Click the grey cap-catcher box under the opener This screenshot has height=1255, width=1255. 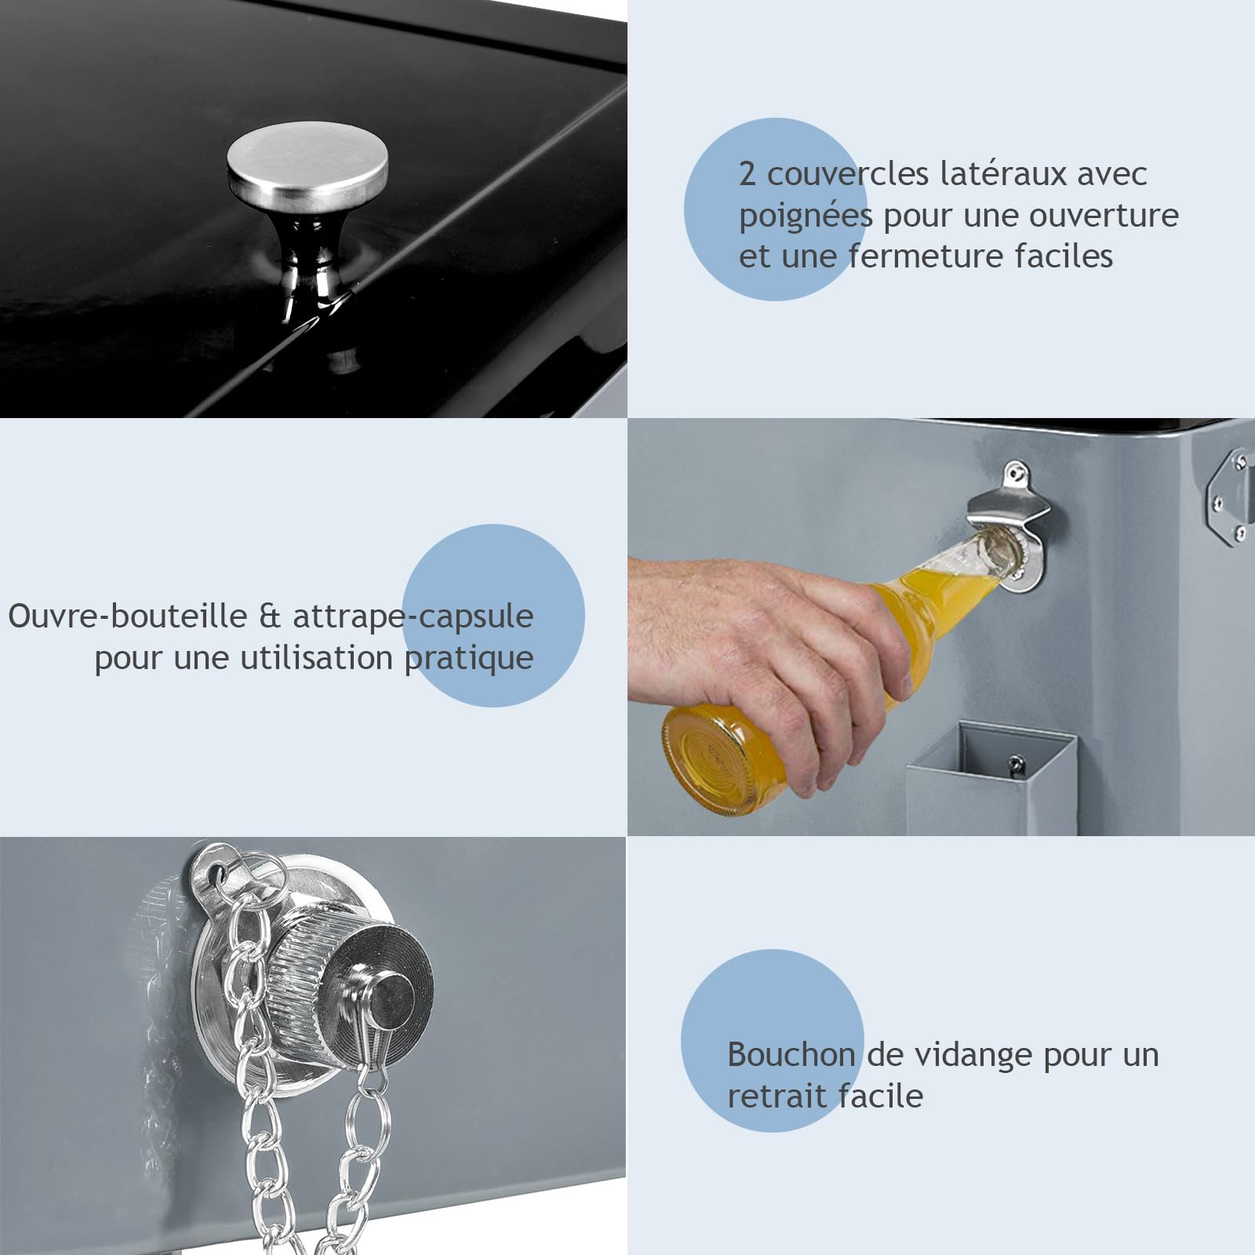tap(991, 777)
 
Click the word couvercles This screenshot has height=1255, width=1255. tap(847, 174)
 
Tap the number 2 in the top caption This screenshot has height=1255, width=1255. tap(748, 174)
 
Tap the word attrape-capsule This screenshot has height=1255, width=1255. tap(413, 618)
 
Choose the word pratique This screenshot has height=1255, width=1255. tap(469, 659)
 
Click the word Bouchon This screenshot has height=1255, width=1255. tap(791, 1054)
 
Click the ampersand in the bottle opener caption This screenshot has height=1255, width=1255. tap(270, 617)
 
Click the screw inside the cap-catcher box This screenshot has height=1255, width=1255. tap(1016, 763)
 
